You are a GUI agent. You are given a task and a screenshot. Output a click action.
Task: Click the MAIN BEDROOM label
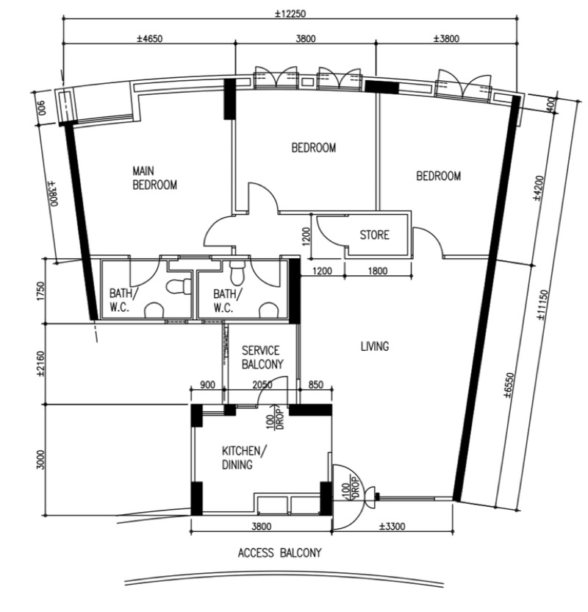coord(155,177)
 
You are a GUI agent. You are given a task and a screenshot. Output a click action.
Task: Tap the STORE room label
coord(374,235)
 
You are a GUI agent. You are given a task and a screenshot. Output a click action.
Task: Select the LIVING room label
coord(375,346)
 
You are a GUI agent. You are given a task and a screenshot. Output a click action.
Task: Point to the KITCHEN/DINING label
coord(244,458)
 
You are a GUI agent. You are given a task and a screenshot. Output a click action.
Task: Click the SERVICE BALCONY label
coord(262,357)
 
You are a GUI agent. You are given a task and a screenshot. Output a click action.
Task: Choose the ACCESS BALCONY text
coord(280,553)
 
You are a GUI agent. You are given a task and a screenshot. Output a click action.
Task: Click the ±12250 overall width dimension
coord(290,14)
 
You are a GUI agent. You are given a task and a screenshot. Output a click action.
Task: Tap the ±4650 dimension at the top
coord(149,39)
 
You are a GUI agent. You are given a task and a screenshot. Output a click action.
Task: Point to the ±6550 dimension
coord(509,385)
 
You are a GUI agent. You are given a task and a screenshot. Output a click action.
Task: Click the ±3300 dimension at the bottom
coord(392,527)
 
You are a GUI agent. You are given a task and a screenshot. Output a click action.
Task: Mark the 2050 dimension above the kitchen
coord(262,385)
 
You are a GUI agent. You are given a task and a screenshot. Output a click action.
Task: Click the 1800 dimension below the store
coord(378,271)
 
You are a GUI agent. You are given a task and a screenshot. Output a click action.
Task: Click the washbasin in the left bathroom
coord(154,310)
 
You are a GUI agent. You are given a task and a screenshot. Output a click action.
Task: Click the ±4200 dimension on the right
coord(538,188)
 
